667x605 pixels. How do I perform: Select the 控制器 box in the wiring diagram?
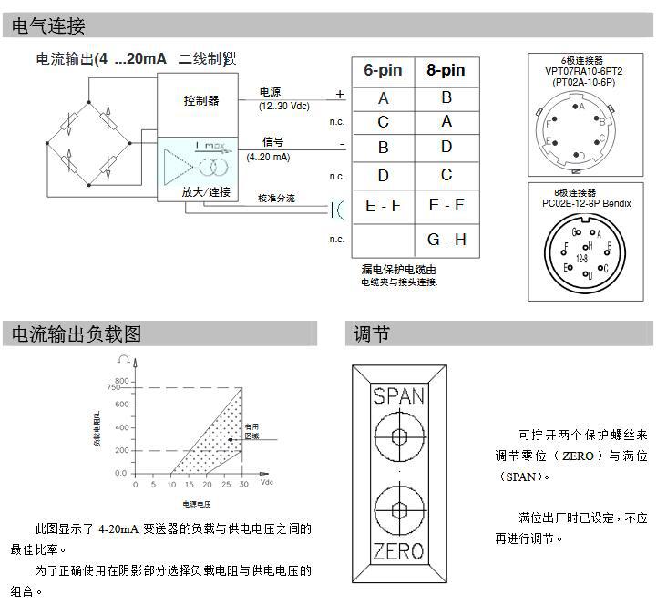coord(201,100)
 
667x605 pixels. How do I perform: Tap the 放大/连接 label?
coord(207,191)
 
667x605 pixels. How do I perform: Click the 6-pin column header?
coord(383,70)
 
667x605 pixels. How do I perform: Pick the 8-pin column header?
coord(446,70)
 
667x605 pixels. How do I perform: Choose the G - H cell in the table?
coord(446,240)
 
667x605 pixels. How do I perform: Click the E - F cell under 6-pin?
coord(383,206)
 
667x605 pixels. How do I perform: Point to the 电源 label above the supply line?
coord(271,93)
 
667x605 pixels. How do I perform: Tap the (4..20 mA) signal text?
coord(268,157)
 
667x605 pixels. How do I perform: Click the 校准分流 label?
coord(276,198)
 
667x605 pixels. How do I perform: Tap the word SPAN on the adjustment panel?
coord(399,395)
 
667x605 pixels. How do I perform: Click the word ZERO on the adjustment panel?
coord(399,551)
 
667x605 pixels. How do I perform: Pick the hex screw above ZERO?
coord(399,509)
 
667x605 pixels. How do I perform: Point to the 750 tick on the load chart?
coord(112,388)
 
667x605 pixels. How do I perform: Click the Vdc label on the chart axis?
coord(267,482)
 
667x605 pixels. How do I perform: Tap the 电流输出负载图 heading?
coord(77,334)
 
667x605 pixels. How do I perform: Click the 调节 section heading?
coord(372,334)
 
